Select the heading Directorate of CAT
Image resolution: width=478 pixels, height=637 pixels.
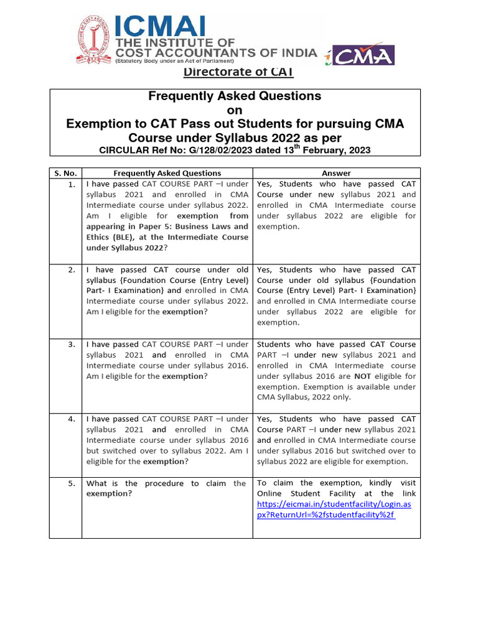click(238, 72)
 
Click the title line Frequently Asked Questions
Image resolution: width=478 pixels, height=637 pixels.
click(235, 96)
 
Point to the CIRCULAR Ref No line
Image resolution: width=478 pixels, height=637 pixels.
click(235, 150)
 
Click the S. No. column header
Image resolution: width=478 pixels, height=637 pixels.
click(65, 173)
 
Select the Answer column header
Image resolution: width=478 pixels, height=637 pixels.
click(336, 173)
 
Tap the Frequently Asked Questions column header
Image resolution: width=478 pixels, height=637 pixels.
click(167, 173)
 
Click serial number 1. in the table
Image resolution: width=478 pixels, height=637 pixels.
click(72, 185)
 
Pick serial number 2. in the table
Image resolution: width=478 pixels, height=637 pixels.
click(72, 270)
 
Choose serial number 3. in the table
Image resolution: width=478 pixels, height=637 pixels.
click(72, 345)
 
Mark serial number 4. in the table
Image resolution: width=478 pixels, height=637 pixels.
click(72, 419)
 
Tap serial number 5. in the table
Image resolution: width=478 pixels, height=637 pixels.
click(72, 483)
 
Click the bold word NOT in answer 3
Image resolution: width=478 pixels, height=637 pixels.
click(363, 376)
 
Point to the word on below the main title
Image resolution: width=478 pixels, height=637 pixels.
click(235, 110)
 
